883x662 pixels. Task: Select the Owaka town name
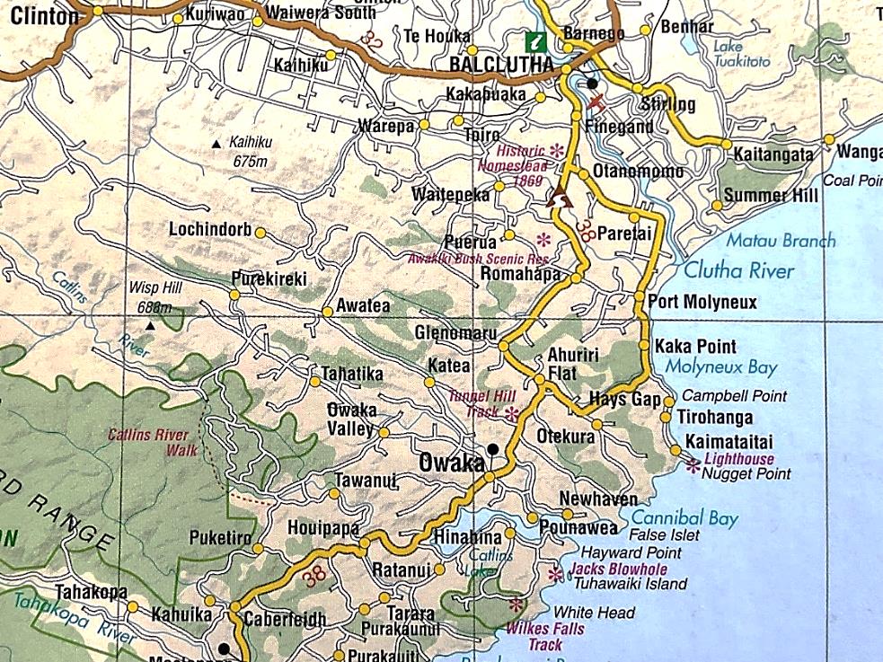point(452,463)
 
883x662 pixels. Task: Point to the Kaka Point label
point(695,347)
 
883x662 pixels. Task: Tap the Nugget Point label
point(746,473)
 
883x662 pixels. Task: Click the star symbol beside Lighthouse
point(693,465)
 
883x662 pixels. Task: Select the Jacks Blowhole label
point(618,569)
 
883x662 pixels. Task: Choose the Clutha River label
point(739,270)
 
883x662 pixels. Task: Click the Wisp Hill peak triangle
point(149,324)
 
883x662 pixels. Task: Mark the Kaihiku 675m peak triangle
point(215,144)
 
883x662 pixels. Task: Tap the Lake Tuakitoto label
point(742,54)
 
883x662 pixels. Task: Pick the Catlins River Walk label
point(148,443)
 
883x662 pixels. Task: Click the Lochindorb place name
point(210,230)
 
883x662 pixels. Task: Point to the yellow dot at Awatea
point(328,312)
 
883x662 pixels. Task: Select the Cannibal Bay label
point(684,518)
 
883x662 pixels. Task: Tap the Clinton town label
point(39,14)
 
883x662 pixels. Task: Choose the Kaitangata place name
point(773,154)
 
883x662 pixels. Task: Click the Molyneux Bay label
point(721,367)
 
